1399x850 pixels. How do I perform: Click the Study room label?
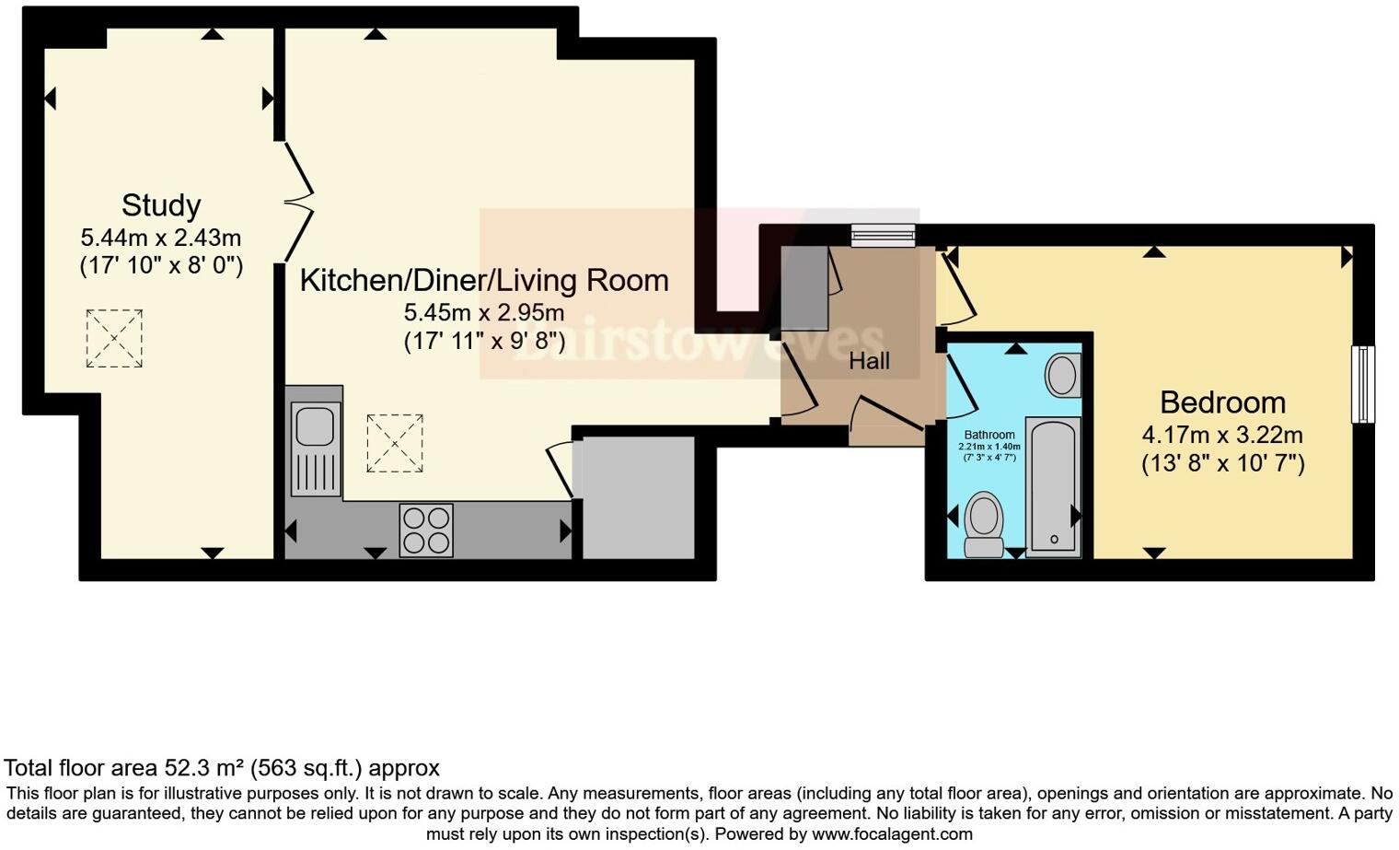coord(161,204)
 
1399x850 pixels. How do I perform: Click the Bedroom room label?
coord(1222,402)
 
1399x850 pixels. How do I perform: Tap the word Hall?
coord(869,361)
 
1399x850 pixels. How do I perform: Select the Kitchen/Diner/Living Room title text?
coord(484,280)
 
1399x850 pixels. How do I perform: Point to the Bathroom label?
coord(989,435)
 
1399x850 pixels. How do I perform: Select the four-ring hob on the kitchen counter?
coord(426,530)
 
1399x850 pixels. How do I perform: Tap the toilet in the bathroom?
coord(984,524)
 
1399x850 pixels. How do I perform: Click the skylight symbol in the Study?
coord(114,338)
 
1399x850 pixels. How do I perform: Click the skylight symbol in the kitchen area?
coord(395,443)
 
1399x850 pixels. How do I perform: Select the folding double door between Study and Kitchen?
coord(298,201)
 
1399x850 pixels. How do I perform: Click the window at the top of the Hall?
coord(883,236)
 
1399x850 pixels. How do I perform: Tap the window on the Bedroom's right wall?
coord(1362,384)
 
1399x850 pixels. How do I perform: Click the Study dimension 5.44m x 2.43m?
coord(161,238)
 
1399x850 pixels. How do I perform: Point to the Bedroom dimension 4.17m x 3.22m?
coord(1222,435)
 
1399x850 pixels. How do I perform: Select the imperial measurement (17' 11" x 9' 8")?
coord(484,342)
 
